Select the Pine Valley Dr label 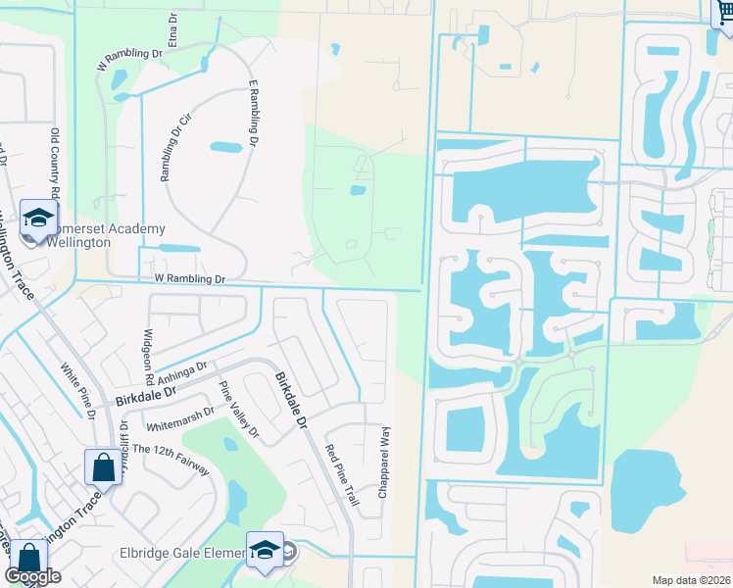237,409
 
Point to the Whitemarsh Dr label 179,420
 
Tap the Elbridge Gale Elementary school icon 265,550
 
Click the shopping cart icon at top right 722,12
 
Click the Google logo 32,576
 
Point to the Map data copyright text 691,579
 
